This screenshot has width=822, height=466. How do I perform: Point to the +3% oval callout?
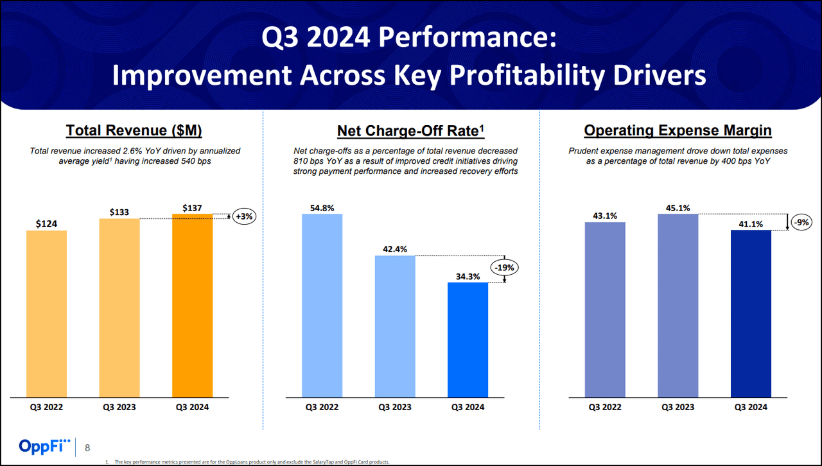(x=245, y=217)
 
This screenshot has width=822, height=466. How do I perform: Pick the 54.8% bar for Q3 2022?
(x=322, y=306)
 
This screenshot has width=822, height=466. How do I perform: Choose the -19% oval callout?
(x=505, y=267)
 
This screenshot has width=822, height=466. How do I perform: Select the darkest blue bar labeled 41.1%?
(x=751, y=314)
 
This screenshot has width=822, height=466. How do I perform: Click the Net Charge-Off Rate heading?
(x=410, y=131)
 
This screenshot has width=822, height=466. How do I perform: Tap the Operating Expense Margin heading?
(x=678, y=131)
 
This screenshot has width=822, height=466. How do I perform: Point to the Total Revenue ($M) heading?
(x=134, y=131)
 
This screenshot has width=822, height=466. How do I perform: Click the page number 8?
(x=88, y=448)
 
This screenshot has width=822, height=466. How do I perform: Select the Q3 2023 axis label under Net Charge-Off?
(x=395, y=407)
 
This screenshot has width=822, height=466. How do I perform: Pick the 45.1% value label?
(x=678, y=207)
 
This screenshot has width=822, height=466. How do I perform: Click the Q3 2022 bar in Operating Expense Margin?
(x=605, y=310)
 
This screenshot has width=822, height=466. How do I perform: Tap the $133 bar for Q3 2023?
(x=119, y=308)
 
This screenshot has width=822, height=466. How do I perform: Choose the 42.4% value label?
(x=395, y=248)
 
